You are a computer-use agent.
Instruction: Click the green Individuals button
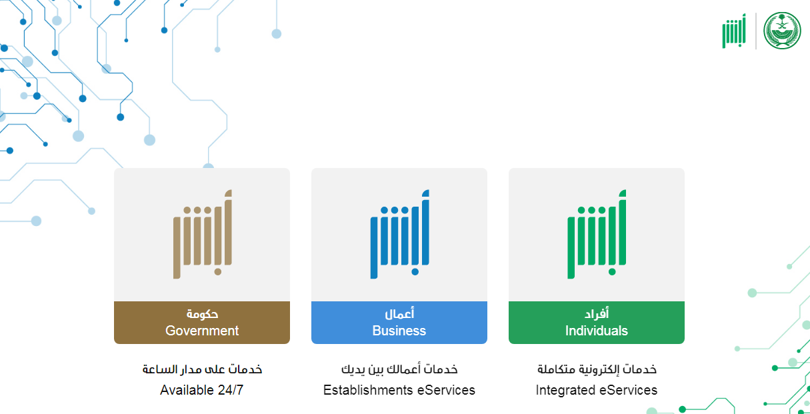pos(596,322)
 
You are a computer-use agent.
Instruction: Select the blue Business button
pos(399,322)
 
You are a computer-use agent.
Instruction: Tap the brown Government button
pos(202,322)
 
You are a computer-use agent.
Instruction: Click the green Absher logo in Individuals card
pos(597,234)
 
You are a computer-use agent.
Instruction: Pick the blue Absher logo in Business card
pos(399,234)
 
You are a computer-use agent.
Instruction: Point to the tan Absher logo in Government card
pos(203,234)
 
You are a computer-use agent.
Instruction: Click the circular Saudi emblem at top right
pos(782,31)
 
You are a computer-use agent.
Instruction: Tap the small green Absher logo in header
pos(734,31)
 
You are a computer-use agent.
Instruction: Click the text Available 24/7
pos(202,390)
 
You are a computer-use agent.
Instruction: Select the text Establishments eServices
pos(399,390)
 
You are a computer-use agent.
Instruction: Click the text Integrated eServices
pos(596,390)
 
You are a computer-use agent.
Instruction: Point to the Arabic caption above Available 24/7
pos(202,369)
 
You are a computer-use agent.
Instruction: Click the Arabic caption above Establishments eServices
pos(399,369)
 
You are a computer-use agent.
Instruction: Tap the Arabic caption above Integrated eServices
pos(597,369)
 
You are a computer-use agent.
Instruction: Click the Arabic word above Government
pos(202,314)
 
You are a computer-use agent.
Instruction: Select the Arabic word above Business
pos(399,313)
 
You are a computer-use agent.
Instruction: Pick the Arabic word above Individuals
pos(597,313)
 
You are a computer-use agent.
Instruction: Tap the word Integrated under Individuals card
pos(566,391)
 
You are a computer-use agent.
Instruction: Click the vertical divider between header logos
pos(756,31)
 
